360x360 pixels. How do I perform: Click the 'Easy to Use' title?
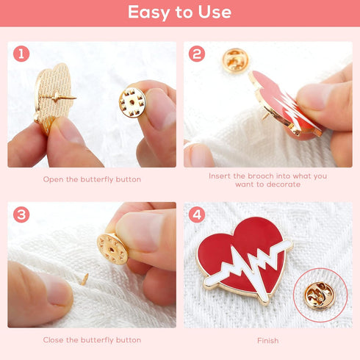click(x=179, y=12)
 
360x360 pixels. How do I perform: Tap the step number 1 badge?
click(x=22, y=54)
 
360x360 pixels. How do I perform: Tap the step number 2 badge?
click(x=197, y=54)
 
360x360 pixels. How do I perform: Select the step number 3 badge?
click(x=22, y=215)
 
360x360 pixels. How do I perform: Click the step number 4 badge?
click(x=197, y=215)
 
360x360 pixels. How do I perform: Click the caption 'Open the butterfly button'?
click(x=92, y=179)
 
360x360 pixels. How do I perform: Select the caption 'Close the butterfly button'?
click(x=92, y=340)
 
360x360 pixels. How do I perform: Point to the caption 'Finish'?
click(x=267, y=340)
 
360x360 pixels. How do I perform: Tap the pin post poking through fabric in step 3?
click(x=84, y=279)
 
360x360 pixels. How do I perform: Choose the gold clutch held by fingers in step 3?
click(x=112, y=248)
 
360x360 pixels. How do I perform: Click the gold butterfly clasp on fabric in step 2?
click(x=234, y=60)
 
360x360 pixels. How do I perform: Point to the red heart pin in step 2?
click(x=283, y=103)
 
